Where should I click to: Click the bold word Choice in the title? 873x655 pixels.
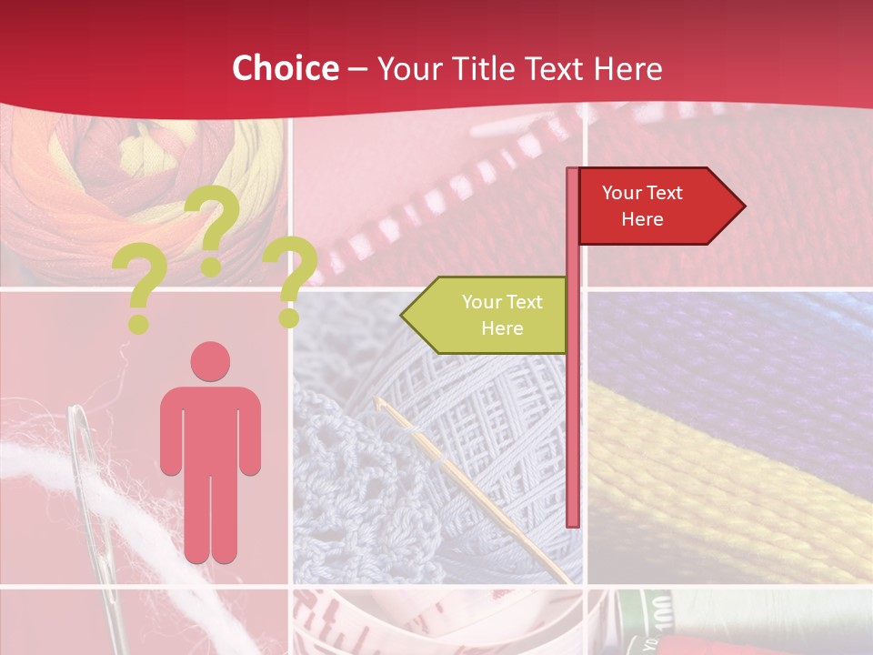click(x=285, y=69)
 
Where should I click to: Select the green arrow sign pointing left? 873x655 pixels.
click(x=487, y=315)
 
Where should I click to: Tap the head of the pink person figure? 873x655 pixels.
click(x=210, y=361)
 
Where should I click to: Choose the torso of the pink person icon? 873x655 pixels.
click(x=210, y=428)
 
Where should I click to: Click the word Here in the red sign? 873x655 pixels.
click(x=642, y=219)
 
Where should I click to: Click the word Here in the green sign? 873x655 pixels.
click(x=502, y=328)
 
